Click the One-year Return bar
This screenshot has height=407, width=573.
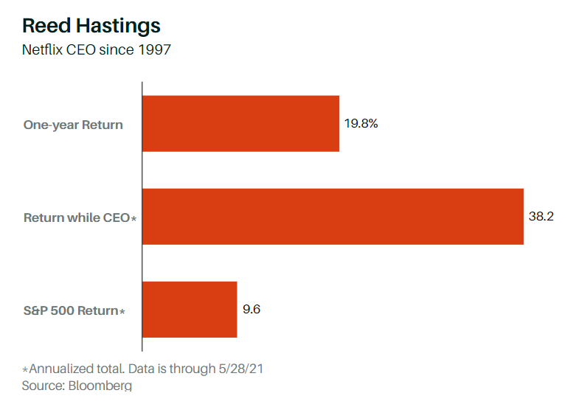[x=240, y=124]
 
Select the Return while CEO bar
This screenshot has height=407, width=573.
[x=333, y=217]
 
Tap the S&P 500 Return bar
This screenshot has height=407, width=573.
[x=190, y=310]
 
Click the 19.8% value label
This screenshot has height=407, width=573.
[x=361, y=124]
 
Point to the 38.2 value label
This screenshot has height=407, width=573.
[x=542, y=217]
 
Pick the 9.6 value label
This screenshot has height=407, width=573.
[x=251, y=309]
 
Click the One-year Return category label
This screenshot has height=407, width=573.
[x=73, y=125]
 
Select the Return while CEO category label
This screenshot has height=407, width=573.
[x=77, y=218]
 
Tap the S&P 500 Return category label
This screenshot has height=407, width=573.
[x=71, y=310]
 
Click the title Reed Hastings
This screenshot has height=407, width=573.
[x=91, y=26]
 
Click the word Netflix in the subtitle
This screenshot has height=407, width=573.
[x=42, y=51]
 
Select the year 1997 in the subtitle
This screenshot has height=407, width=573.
[x=155, y=51]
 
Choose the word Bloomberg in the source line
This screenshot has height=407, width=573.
[x=98, y=386]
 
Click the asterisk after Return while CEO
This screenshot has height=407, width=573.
[x=134, y=218]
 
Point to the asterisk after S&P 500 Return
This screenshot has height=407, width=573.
[x=122, y=311]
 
